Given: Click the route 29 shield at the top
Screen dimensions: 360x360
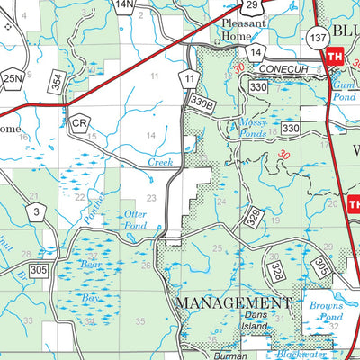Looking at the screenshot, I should tap(254, 6).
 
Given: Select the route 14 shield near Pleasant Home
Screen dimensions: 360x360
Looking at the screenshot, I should tap(256, 53).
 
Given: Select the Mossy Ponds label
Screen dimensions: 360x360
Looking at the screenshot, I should tap(252, 127).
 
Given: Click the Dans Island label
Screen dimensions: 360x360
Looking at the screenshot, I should tap(255, 320).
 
